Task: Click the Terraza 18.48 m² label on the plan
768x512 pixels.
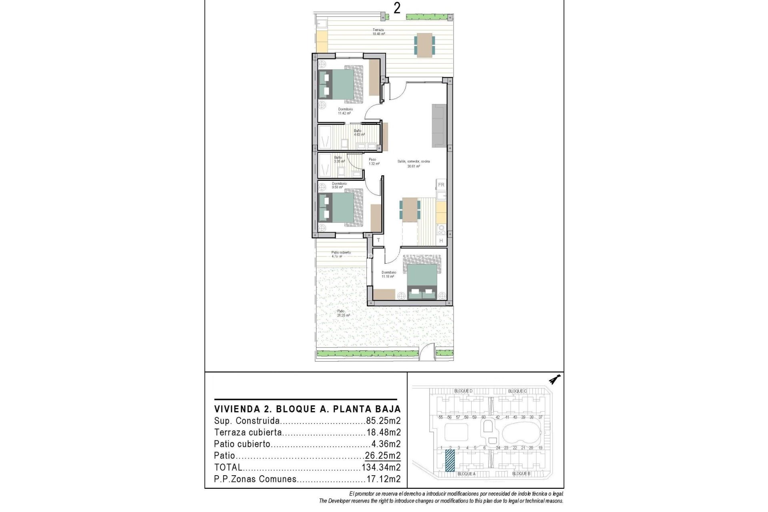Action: [378, 32]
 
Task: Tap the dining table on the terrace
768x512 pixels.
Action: [424, 44]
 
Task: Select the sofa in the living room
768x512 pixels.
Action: [439, 126]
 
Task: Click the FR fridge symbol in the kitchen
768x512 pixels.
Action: [441, 185]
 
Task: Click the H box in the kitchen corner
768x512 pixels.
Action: [441, 240]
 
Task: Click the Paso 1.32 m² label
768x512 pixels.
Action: [373, 162]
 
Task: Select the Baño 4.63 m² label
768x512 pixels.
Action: [359, 133]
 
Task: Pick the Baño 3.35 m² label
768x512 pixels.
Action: [339, 159]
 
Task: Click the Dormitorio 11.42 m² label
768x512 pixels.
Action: [345, 111]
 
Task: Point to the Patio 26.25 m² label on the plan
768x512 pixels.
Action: [343, 313]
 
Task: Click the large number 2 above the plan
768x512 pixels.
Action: [396, 8]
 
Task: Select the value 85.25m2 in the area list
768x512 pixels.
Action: [383, 421]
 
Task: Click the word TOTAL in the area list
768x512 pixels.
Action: [228, 467]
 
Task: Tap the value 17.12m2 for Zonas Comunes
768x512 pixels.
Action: [383, 479]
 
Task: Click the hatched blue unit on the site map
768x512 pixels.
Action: [450, 460]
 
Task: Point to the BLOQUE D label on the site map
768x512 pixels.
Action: [463, 391]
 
